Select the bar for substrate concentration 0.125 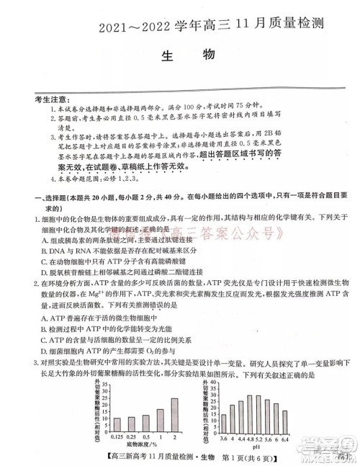click(x=117, y=425)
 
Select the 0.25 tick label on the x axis click(x=132, y=436)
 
